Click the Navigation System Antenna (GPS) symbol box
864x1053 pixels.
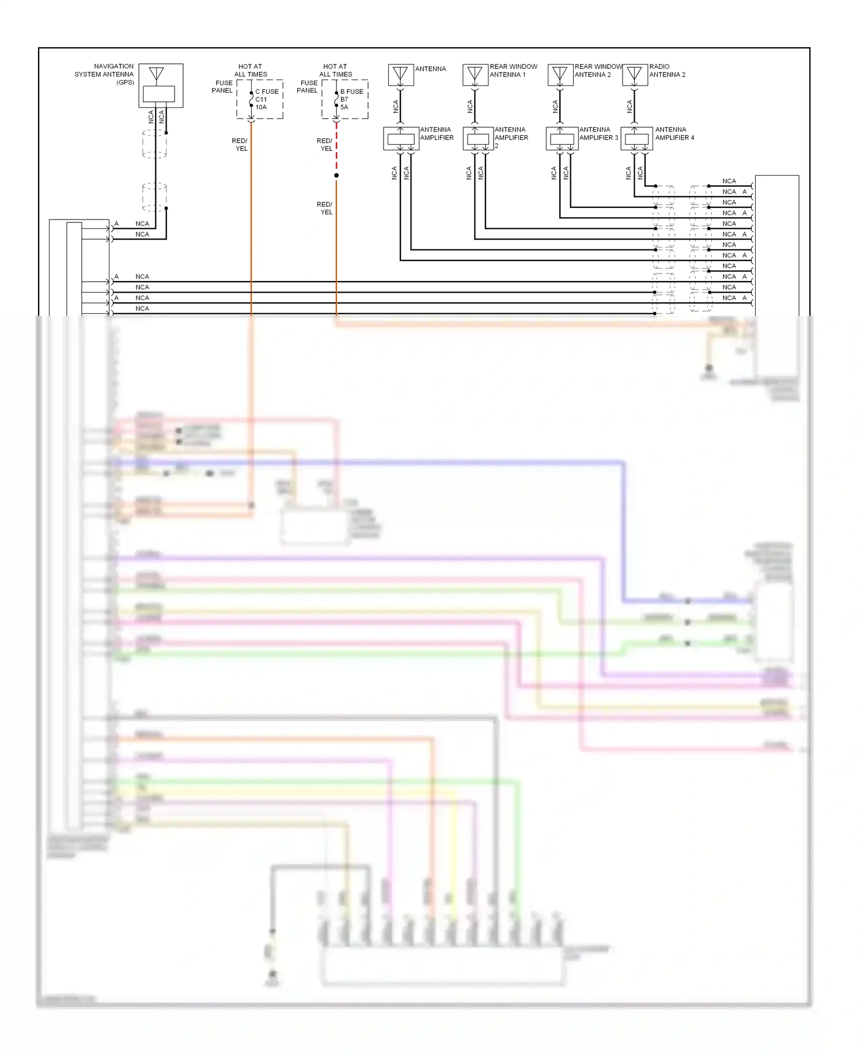(x=161, y=85)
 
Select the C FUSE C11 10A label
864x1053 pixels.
(x=267, y=99)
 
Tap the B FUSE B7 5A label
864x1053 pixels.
(x=351, y=99)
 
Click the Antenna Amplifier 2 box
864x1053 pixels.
(x=478, y=139)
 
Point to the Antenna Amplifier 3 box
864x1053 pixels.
(x=562, y=139)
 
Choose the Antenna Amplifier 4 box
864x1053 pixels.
(x=636, y=139)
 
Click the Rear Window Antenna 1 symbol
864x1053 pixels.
(x=475, y=75)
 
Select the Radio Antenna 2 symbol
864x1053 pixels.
(x=635, y=75)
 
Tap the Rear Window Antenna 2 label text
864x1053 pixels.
(x=597, y=70)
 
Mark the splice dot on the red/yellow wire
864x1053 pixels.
(x=336, y=175)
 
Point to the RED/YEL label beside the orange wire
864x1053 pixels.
(x=240, y=145)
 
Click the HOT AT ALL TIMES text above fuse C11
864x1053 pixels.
(x=251, y=70)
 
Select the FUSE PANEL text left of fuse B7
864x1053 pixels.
(x=308, y=86)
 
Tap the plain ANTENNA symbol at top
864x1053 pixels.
(x=400, y=75)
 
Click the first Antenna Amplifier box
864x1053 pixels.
(x=401, y=139)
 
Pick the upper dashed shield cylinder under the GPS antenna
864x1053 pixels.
(x=154, y=143)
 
